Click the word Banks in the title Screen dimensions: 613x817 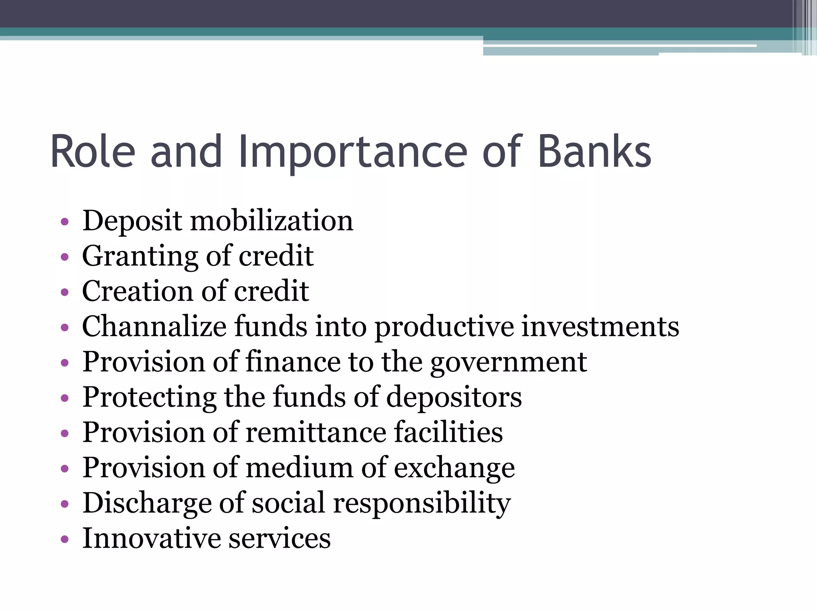pyautogui.click(x=594, y=152)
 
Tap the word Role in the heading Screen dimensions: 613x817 pyautogui.click(x=93, y=152)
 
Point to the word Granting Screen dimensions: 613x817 pyautogui.click(x=140, y=256)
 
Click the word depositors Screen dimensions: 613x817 pyautogui.click(x=454, y=397)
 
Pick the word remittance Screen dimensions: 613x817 pyautogui.click(x=316, y=433)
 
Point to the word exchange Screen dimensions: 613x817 pyautogui.click(x=454, y=468)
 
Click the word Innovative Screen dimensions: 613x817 pyautogui.click(x=151, y=538)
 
